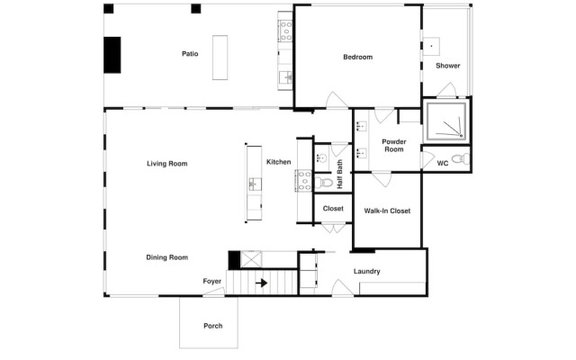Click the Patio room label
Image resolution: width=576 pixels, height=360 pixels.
[190, 54]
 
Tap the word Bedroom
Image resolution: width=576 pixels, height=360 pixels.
[358, 57]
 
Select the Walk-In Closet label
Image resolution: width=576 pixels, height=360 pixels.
[387, 211]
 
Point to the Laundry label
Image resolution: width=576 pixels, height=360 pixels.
[366, 272]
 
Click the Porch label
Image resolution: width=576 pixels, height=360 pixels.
[213, 326]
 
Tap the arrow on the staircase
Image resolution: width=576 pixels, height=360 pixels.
[262, 283]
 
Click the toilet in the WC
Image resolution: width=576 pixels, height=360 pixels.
[461, 159]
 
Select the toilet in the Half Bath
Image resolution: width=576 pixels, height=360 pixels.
[324, 182]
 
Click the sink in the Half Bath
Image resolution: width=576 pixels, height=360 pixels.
[322, 158]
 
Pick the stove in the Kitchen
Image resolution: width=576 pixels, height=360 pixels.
[304, 180]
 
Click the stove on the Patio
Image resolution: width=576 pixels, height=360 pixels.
[285, 31]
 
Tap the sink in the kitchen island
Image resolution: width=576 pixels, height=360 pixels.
[255, 184]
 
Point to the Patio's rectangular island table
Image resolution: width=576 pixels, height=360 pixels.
[220, 58]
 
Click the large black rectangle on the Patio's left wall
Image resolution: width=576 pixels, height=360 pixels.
[112, 55]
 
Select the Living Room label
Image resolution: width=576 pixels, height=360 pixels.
[167, 164]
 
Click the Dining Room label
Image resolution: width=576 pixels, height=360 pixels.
[167, 257]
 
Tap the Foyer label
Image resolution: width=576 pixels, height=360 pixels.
[212, 282]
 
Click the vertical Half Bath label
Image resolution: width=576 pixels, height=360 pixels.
[340, 174]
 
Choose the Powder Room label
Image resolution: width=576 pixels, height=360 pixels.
[394, 146]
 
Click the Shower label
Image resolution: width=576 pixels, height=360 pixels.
[448, 66]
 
